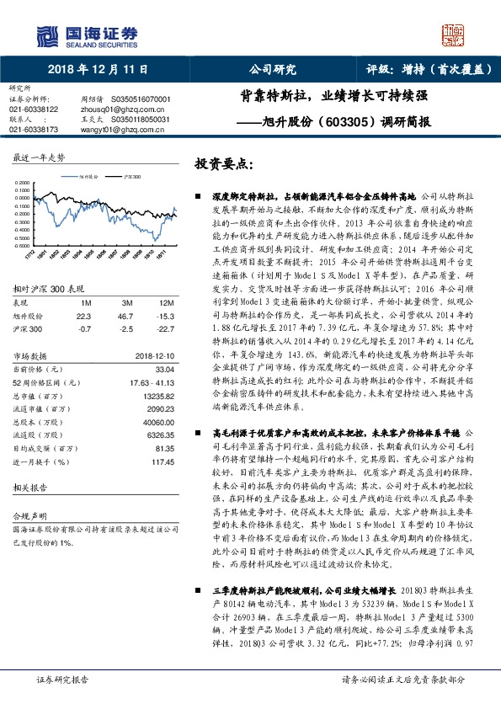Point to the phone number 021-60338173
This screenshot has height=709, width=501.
click(34, 131)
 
